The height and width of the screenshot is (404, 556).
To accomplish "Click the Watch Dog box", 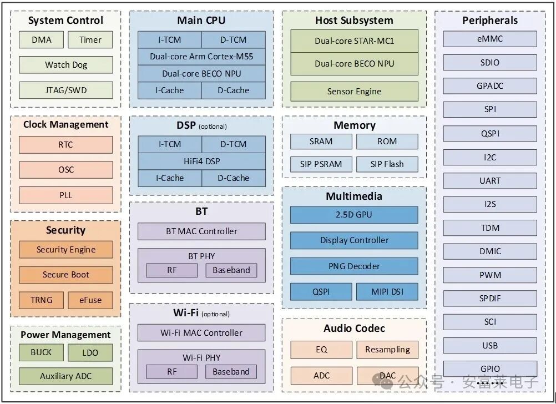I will (65, 64).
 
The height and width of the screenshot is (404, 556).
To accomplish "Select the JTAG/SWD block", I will (65, 90).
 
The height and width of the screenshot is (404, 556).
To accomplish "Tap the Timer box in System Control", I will (90, 39).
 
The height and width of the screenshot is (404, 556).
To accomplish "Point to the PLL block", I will (65, 195).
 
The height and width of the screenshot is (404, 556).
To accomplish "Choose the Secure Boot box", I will (65, 274).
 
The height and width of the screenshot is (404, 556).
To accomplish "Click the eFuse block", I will (90, 300).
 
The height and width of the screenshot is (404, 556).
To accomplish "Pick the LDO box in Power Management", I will (90, 352).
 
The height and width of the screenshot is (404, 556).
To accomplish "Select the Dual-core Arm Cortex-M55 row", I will (201, 56).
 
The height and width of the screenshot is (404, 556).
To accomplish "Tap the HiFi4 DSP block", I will (201, 161).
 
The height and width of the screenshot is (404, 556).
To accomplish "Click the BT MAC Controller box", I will (201, 231).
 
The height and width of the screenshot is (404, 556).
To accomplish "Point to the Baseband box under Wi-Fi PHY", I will (231, 371).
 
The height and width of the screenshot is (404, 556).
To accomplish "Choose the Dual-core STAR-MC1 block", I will (354, 41).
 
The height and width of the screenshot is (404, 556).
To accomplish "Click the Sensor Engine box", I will (354, 91).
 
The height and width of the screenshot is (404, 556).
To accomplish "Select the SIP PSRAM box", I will (321, 164).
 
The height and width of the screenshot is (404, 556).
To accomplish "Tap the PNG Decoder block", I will (354, 266).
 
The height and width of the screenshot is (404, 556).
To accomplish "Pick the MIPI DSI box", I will (387, 291).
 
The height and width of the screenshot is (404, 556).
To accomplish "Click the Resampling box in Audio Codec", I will (387, 349).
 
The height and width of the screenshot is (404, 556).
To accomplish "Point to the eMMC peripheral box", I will (489, 39).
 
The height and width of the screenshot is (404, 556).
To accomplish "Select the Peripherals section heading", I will (489, 21).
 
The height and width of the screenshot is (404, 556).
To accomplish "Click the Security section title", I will (65, 230).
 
